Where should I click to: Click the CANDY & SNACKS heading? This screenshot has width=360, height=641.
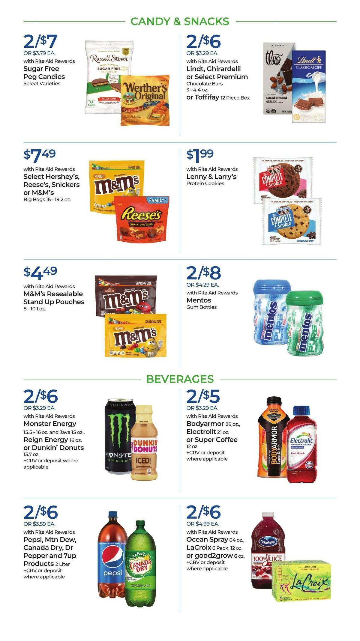coord(180,22)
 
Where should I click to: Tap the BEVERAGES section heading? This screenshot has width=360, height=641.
coord(180,379)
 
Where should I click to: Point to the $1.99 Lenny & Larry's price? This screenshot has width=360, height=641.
coord(200,155)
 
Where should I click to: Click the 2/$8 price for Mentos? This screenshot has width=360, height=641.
coord(203,273)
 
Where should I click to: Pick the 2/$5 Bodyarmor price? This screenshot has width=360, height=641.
coord(203,396)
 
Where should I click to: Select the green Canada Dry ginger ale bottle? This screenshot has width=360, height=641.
coord(140,564)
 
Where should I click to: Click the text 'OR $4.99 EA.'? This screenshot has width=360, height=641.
coord(203,524)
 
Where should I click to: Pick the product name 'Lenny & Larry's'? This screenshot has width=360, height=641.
coord(211,177)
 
